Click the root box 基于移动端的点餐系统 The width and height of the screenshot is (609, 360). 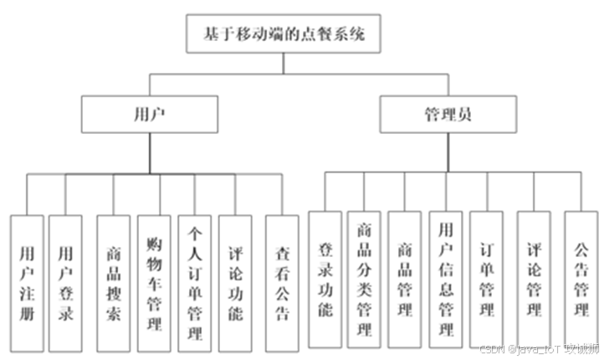pos(284,36)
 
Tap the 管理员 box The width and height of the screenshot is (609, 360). pos(448,114)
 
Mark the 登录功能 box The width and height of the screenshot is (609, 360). pos(325,280)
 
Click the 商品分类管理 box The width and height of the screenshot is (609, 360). pos(364,280)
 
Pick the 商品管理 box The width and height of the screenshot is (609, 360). pos(405,280)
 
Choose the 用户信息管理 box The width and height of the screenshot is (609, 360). pos(445,280)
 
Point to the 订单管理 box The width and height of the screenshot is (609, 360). pos(486,280)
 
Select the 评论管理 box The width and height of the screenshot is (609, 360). pos(533,280)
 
